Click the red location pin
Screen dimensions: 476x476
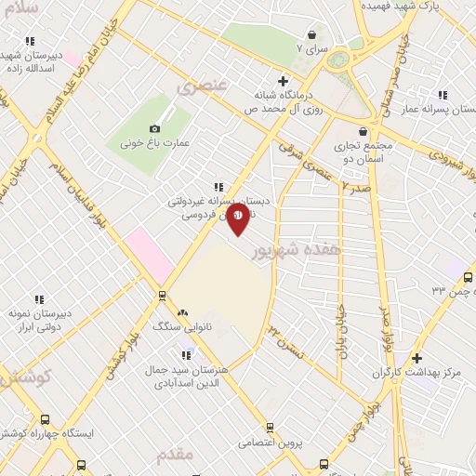[x=237, y=219]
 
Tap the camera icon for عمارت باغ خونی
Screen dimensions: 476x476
[x=154, y=128]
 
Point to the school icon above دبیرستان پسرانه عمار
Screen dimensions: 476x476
[x=442, y=94]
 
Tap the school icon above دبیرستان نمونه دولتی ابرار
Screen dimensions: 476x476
[x=39, y=299]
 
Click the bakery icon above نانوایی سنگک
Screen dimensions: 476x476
[x=182, y=313]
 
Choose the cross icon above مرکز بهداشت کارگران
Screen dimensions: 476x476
[x=416, y=358]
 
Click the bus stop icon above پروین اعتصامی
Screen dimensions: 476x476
[x=270, y=428]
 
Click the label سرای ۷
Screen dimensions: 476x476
[x=312, y=46]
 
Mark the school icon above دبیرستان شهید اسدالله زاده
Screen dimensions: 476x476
[x=31, y=41]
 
